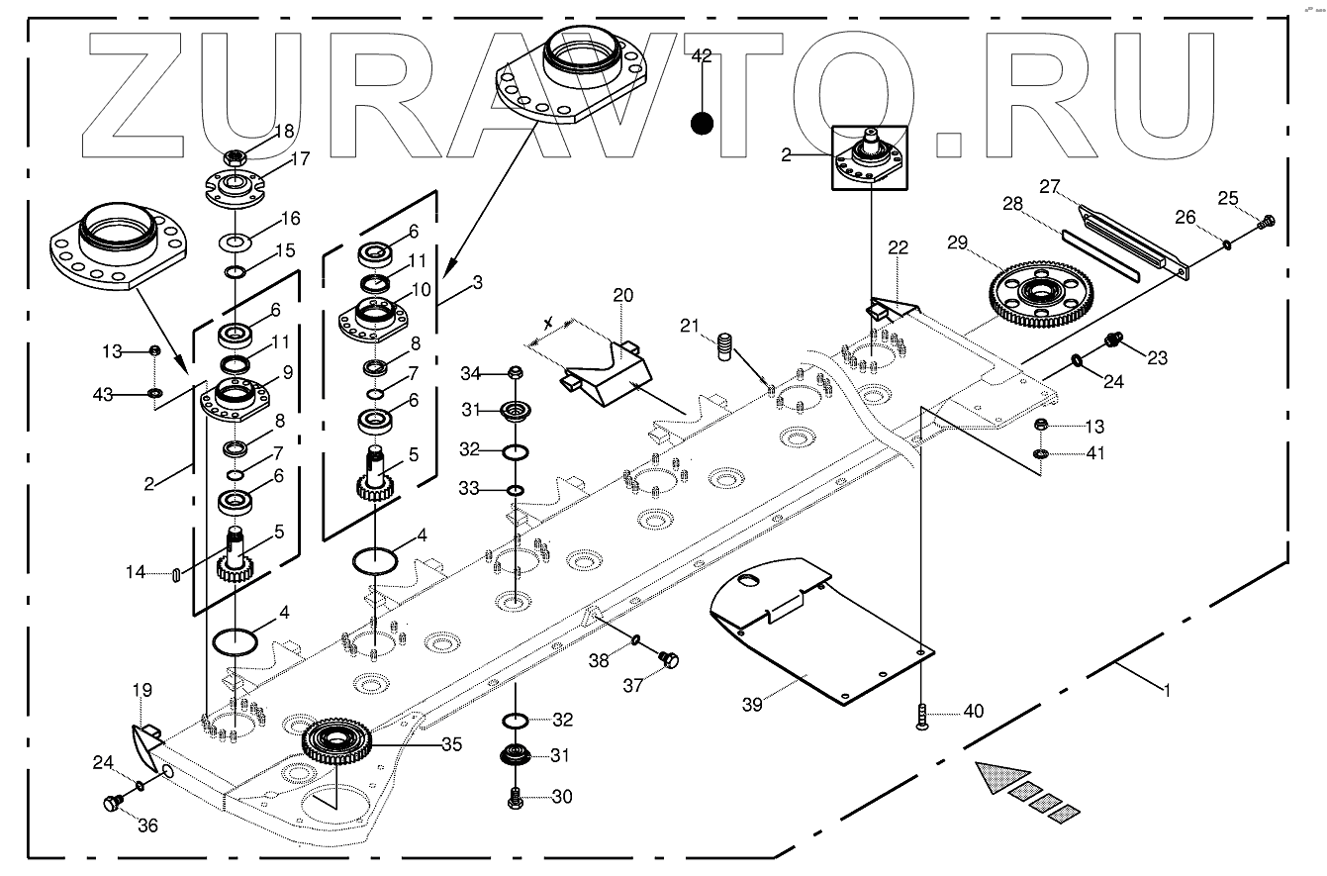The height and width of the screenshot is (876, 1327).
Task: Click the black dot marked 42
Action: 702,124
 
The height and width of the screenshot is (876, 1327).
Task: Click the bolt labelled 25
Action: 1266,222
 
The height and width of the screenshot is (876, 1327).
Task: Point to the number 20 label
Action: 621,296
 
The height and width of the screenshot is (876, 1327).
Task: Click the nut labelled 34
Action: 515,373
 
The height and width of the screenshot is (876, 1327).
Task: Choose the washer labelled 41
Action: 1041,454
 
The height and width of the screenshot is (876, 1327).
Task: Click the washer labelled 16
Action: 237,241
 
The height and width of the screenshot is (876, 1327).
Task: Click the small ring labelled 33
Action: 515,489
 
